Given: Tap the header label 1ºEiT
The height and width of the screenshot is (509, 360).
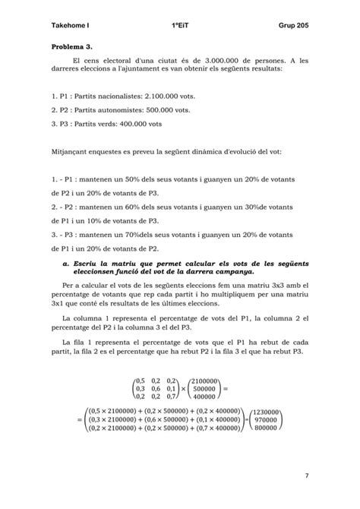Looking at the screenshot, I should pos(181,27).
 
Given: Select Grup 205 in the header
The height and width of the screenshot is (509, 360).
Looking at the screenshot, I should pos(294,27).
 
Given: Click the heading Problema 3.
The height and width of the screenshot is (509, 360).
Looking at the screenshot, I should pos(71,47).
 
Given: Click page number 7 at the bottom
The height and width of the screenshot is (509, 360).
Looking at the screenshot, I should pos(306,476).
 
